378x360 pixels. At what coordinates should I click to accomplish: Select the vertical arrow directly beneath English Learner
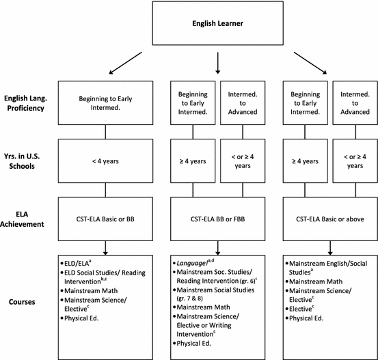(217, 61)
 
